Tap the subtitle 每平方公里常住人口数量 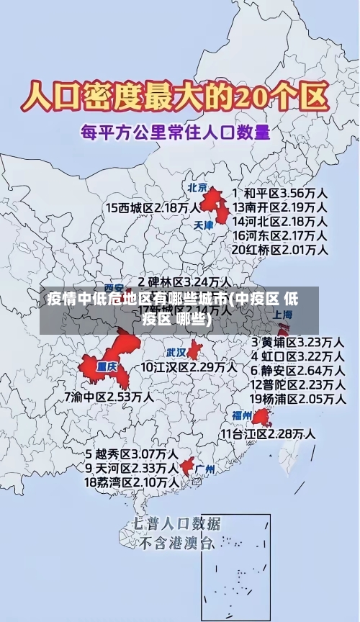coord(175,132)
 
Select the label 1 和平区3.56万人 coord(280,193)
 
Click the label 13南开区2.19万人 coord(280,207)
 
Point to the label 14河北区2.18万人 coord(280,221)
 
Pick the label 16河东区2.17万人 coord(280,235)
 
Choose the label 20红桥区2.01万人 coord(280,249)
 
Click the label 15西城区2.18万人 coord(153,207)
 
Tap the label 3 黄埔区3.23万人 coord(296,341)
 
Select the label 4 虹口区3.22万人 coord(296,356)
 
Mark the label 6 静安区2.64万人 coord(296,370)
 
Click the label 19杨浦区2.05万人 coord(296,398)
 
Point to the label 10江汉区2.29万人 coord(188,367)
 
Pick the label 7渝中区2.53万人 coord(109,396)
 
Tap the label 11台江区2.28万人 coord(267,433)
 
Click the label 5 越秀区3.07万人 coord(132,454)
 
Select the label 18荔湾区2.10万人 coord(132,482)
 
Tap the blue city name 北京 coord(197,187)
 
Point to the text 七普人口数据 coord(176,523)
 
